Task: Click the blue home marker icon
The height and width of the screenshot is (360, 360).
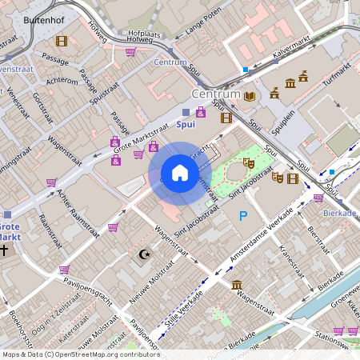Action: coord(180,174)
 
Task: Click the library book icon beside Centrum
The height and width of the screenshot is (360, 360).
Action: coord(250,96)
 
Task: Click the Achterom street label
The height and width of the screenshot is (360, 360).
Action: coord(62,81)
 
